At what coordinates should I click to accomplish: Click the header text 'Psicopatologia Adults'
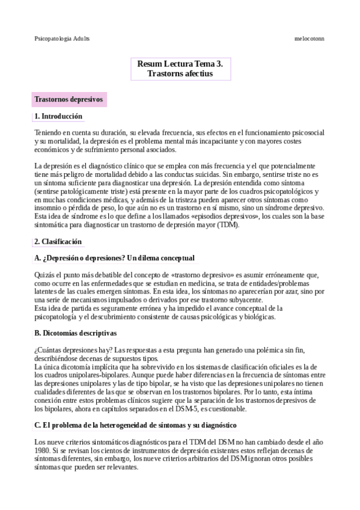(62, 37)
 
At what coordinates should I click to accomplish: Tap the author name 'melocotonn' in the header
(310, 37)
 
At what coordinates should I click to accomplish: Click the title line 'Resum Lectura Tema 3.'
(180, 63)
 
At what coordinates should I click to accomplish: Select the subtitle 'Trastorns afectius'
(180, 73)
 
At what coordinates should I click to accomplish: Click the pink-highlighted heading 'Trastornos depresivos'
(69, 99)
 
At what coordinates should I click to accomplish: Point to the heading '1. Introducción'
(58, 116)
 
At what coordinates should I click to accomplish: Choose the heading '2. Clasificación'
(58, 241)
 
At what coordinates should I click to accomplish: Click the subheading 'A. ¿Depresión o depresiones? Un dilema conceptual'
(114, 258)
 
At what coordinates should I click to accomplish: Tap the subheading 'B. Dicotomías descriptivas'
(75, 333)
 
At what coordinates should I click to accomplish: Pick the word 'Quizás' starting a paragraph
(45, 275)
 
